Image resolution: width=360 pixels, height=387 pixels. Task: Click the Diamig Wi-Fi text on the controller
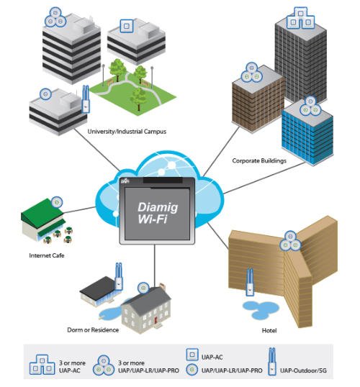[x=158, y=213]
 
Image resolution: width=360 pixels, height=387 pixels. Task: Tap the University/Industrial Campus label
[x=127, y=132]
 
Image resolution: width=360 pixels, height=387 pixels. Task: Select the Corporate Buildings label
[x=259, y=160]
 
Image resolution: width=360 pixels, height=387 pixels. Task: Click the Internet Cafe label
[x=47, y=255]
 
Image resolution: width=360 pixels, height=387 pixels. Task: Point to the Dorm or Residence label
[x=93, y=330]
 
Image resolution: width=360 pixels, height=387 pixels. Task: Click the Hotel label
[x=269, y=330]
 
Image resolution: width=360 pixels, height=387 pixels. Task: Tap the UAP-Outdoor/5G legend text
[x=303, y=370]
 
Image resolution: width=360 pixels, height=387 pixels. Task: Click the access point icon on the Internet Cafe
[x=57, y=202]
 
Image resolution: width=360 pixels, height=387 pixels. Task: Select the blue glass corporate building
[x=307, y=133]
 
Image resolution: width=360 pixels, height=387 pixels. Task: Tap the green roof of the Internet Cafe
[x=42, y=212]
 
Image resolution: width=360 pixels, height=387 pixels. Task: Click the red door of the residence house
[x=156, y=321]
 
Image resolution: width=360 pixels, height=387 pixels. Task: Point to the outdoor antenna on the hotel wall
[x=250, y=282]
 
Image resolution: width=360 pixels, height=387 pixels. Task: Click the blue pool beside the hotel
[x=261, y=310]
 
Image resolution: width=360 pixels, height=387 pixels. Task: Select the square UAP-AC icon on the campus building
[x=127, y=26]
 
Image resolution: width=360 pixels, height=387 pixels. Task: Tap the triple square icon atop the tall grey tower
[x=300, y=18]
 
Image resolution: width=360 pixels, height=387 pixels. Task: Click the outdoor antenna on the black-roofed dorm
[x=119, y=276]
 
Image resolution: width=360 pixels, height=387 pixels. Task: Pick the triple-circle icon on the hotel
[x=290, y=241]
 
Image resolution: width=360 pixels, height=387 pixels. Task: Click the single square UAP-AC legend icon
[x=192, y=355]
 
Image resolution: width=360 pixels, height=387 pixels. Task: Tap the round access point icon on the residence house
[x=143, y=288]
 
